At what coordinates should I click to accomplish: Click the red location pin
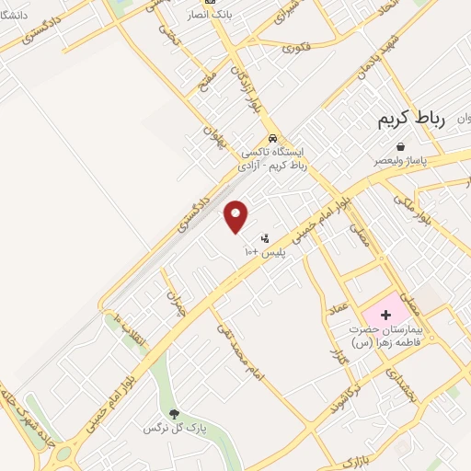tap(236, 216)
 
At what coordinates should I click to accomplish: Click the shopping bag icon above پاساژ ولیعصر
tap(400, 146)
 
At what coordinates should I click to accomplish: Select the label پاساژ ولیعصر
tap(402, 161)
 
